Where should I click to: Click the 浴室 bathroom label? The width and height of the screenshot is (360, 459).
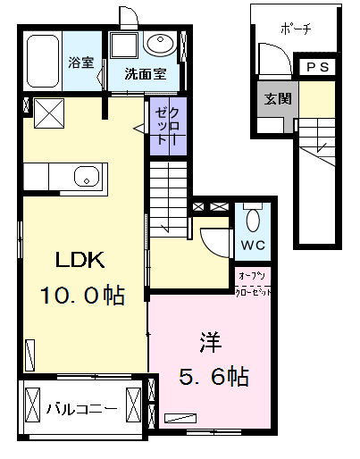coord(81,63)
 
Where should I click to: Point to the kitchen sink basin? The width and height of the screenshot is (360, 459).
coord(86,176)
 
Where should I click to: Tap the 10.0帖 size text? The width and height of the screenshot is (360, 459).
coord(80,295)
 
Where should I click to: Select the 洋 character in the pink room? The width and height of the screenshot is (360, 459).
coord(210,341)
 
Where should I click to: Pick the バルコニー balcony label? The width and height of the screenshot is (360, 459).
coord(81,410)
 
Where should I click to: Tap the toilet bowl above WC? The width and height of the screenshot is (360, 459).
coord(252,219)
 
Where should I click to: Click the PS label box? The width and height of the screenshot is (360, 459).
coord(316,67)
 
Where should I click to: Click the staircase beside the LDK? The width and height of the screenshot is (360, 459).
coord(168,201)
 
